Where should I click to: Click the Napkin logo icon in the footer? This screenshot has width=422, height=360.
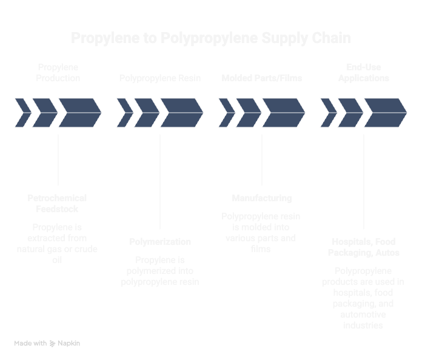(x=53, y=344)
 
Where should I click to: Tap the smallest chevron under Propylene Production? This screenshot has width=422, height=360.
(x=22, y=113)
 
